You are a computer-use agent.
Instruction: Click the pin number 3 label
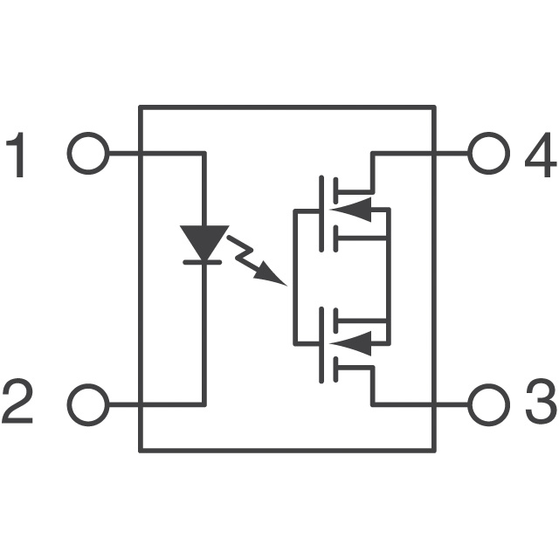[540, 404]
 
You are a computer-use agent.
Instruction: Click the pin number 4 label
[540, 156]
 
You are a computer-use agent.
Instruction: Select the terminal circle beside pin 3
[487, 404]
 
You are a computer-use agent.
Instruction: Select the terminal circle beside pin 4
[487, 155]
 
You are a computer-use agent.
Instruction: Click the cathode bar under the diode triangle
[204, 261]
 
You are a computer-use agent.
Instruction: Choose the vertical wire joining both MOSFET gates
[293, 276]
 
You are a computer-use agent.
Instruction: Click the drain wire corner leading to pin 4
[372, 155]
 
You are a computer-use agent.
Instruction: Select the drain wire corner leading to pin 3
[372, 404]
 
